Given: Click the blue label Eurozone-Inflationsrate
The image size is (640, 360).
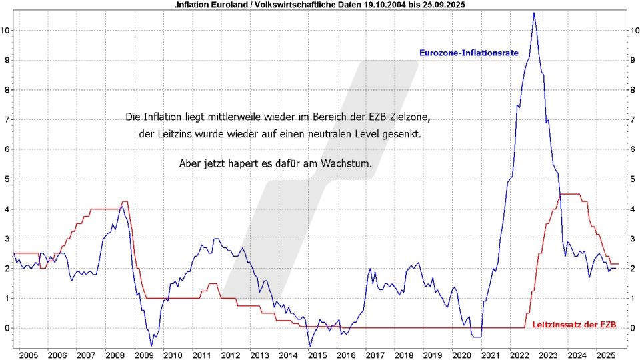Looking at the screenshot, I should tap(469, 52).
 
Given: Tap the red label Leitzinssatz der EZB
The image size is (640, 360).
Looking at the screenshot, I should tap(574, 325).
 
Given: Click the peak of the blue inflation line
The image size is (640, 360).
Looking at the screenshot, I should tap(533, 13).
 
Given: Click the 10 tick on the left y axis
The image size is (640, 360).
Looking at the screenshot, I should tap(7, 30).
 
